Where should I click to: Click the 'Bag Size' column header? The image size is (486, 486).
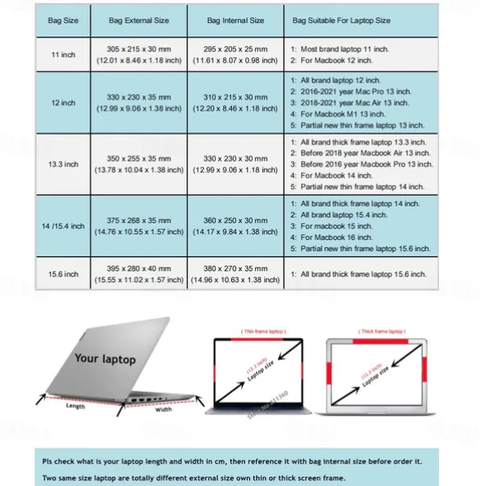[63, 20]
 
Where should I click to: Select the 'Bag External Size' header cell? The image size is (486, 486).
[139, 20]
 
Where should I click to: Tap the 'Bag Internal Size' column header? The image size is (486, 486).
[235, 20]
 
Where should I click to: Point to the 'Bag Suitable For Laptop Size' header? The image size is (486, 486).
[342, 20]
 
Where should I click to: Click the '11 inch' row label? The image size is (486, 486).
[63, 54]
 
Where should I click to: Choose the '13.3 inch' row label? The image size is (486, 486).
[63, 164]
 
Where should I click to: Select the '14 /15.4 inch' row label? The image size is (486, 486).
[63, 225]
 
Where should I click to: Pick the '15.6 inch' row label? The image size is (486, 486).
[63, 273]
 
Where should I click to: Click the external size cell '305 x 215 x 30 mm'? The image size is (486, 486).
[139, 49]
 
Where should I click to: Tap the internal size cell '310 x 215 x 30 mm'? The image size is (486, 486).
[235, 96]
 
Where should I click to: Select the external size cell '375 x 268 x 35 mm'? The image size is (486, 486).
[139, 220]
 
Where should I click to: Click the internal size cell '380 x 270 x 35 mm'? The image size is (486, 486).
[235, 268]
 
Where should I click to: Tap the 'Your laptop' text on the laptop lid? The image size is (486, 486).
[105, 359]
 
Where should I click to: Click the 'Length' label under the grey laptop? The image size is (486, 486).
[76, 406]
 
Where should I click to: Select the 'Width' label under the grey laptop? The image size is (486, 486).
[163, 410]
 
